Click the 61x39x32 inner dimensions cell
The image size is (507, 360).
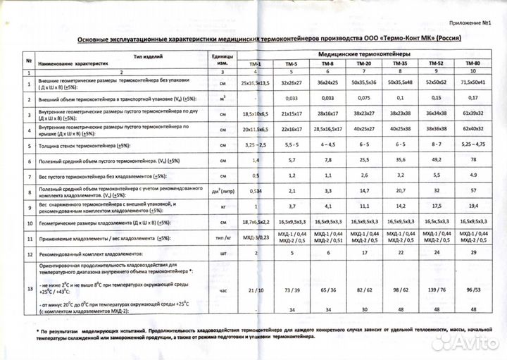pyautogui.click(x=472, y=113)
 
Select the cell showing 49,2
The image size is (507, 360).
pyautogui.click(x=437, y=161)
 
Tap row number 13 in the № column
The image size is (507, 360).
pyautogui.click(x=29, y=289)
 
